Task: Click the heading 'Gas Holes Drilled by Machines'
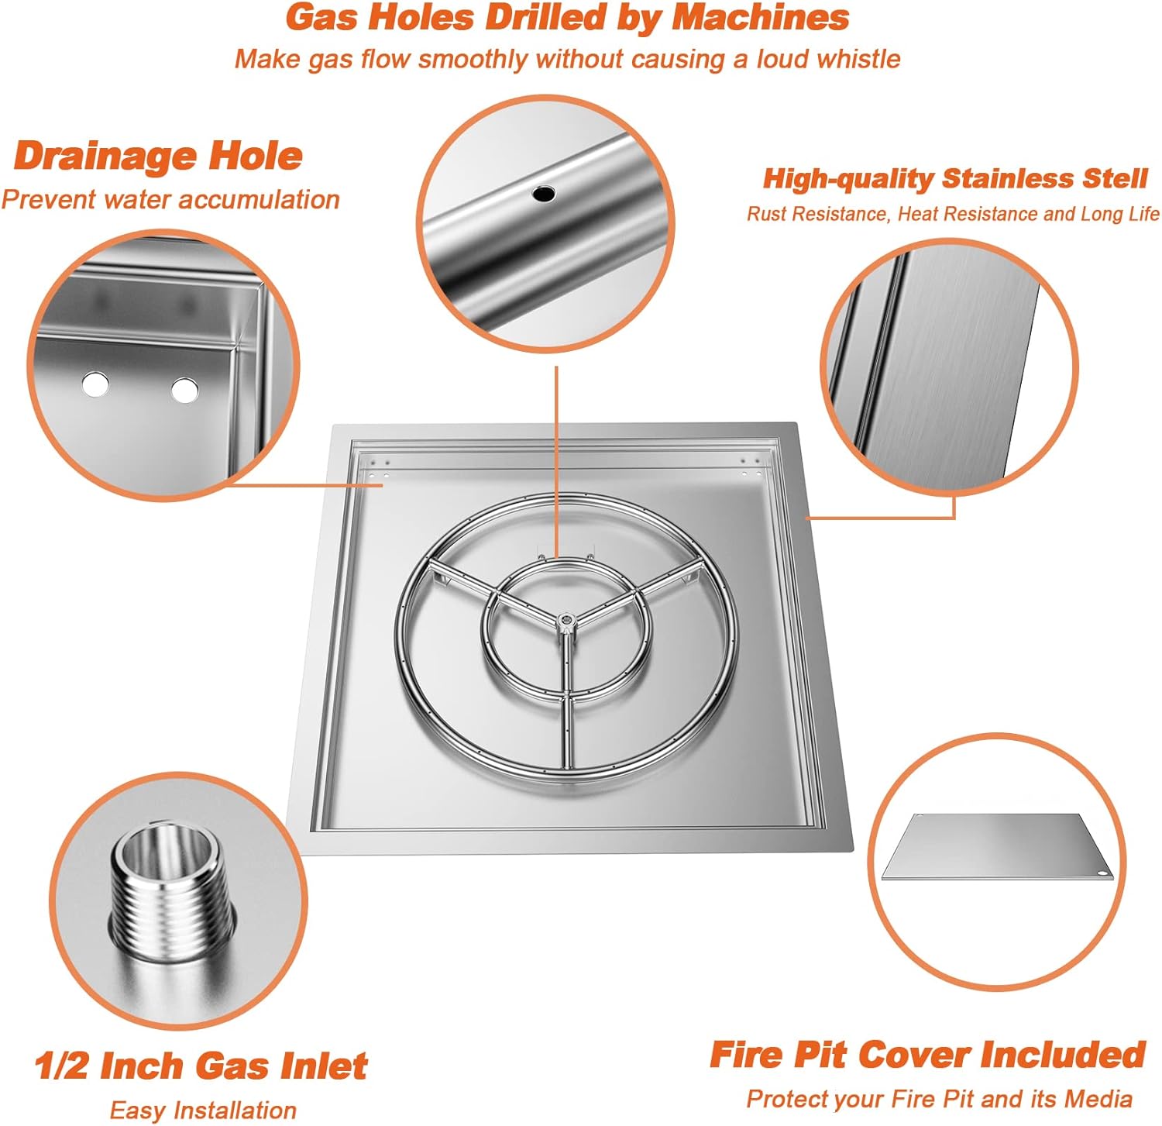coord(567,18)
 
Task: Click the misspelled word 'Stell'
coord(1114,178)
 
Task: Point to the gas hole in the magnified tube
coord(544,193)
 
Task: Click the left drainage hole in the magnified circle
coord(95,384)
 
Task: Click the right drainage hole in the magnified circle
coord(184,390)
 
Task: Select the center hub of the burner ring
coord(566,620)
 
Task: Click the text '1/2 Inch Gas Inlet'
coord(201,1066)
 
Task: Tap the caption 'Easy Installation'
coord(203,1110)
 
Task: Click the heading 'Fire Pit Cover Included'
coord(927,1055)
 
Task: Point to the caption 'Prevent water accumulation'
coord(170,199)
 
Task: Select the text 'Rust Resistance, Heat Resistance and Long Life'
coord(953,214)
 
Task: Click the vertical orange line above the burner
coord(556,460)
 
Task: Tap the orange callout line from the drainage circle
coord(304,486)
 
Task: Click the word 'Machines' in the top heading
coord(761,18)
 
